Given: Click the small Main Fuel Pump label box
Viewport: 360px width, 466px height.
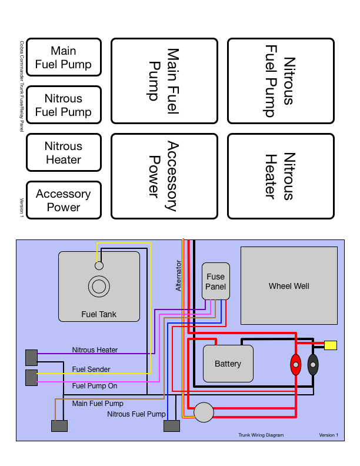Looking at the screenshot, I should [64, 58].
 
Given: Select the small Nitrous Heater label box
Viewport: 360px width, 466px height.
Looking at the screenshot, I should [64, 153].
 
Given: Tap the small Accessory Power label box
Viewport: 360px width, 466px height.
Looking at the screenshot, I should [64, 201].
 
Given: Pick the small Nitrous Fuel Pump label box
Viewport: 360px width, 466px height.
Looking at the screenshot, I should [64, 105].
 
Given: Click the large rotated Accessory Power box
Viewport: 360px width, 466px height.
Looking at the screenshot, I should [164, 176].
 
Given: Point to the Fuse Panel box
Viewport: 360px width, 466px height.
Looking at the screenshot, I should [215, 282].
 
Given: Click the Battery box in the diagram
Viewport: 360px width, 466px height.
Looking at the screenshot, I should [228, 364].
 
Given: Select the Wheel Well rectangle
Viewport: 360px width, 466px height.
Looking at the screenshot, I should [289, 286].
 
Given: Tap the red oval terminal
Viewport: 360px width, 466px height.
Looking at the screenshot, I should [296, 365].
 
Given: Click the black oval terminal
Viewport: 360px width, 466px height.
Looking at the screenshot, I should [313, 365].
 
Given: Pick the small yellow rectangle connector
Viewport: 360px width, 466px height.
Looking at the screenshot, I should [331, 345].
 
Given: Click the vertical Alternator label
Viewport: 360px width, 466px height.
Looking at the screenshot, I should [179, 275].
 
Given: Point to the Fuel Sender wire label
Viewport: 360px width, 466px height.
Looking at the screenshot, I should [91, 370].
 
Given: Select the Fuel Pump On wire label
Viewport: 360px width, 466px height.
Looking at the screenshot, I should [94, 387].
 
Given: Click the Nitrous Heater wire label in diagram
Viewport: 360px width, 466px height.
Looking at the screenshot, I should [95, 350].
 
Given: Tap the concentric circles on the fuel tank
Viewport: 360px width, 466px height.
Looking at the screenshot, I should [99, 287].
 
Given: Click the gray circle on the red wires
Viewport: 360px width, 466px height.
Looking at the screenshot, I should [204, 412].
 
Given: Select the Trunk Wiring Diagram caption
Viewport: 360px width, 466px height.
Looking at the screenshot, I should [261, 435].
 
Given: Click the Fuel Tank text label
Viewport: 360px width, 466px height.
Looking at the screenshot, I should [99, 314].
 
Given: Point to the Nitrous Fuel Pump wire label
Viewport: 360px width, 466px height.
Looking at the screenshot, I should [136, 414].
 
